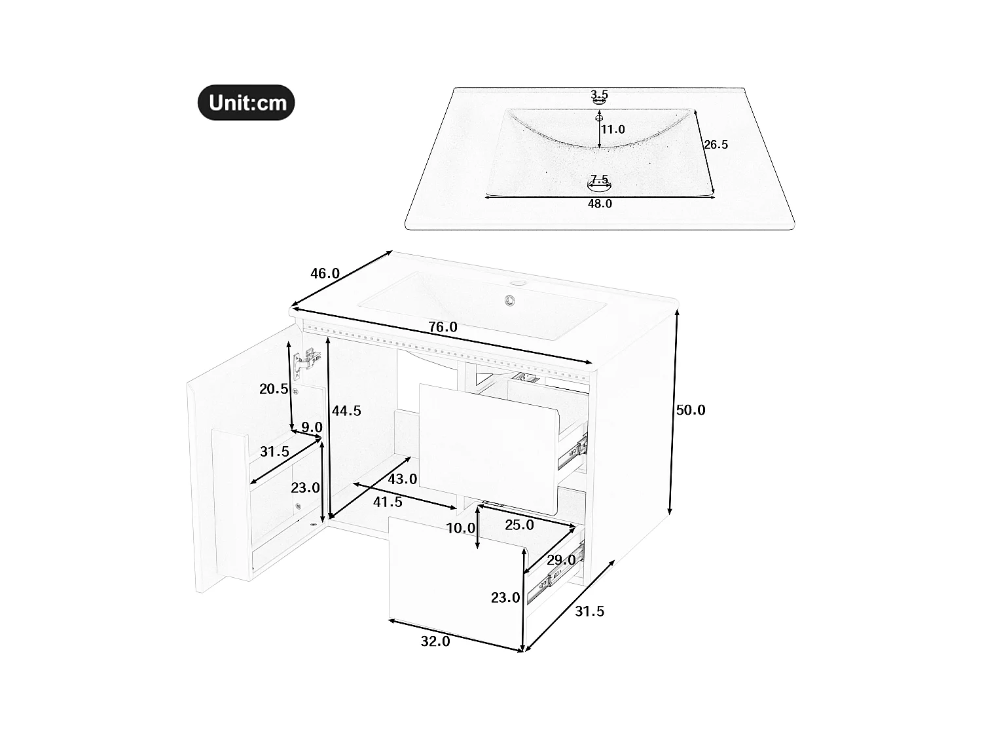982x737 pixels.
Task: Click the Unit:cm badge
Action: point(246,103)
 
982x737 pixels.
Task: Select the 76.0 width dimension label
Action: point(443,327)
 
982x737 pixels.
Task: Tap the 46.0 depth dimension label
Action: point(325,273)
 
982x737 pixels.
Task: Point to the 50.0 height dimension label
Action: point(691,410)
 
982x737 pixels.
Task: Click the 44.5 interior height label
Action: point(346,411)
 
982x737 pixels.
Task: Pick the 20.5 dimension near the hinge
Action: point(274,388)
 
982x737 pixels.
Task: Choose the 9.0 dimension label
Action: point(311,427)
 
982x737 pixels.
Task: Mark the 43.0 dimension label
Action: point(402,479)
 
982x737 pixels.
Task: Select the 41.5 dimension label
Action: point(388,502)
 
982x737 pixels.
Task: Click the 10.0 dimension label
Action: point(460,528)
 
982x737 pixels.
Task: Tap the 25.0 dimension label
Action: point(519,525)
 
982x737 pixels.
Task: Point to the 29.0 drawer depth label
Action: point(561,559)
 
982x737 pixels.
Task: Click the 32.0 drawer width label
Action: point(435,641)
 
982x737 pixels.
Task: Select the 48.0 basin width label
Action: point(600,204)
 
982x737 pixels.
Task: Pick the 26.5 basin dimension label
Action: point(716,145)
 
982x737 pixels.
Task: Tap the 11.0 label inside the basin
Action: point(613,130)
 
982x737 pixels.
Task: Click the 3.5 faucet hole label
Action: point(600,94)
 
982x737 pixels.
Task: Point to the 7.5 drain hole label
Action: point(599,179)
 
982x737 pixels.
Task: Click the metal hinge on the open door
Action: point(306,361)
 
